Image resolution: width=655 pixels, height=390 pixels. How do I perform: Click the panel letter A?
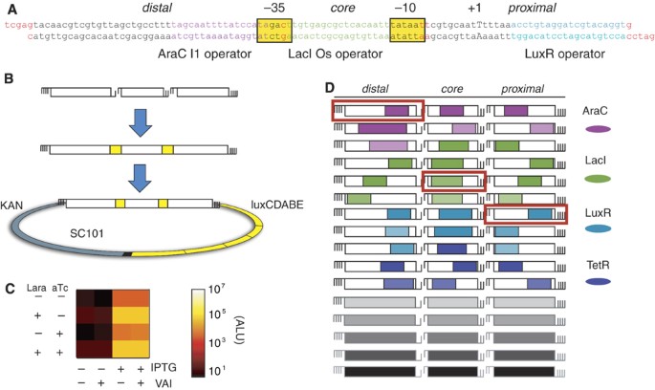(8, 8)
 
